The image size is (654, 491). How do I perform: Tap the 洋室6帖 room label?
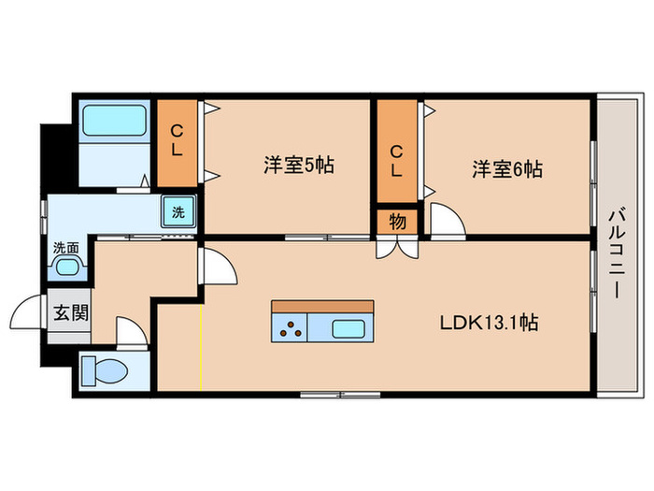point(507,170)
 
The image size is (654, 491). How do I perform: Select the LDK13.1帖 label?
point(489,323)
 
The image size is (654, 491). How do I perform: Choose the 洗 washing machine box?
point(178,211)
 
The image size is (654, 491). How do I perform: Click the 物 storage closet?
point(397,224)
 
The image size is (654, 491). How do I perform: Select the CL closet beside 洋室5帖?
point(177,142)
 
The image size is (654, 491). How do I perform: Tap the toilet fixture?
point(104,371)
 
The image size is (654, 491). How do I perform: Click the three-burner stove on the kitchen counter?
point(291,328)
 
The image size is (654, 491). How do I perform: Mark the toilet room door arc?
point(127,331)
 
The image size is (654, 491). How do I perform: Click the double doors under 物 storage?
point(397,249)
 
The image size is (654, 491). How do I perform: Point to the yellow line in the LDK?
point(201,347)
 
